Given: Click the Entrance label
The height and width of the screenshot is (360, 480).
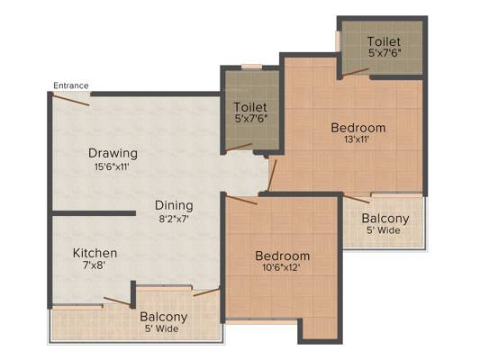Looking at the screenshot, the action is [x=71, y=85].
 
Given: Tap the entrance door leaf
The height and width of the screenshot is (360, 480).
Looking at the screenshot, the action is [x=71, y=100].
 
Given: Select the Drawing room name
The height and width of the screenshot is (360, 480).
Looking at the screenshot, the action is [x=113, y=153].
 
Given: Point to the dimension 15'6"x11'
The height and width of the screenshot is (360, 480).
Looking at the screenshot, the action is [x=112, y=167].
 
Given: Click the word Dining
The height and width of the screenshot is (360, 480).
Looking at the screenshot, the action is [x=174, y=205].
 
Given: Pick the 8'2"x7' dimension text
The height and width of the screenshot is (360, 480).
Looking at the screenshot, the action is [x=174, y=219].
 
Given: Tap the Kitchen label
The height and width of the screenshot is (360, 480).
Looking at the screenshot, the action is [x=95, y=253].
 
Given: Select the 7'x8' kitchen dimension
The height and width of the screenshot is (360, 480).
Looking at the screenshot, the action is [x=95, y=265].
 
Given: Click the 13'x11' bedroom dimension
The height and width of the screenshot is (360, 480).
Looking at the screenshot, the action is [x=357, y=139].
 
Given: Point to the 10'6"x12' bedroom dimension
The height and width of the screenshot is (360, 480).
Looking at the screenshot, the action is [x=281, y=268].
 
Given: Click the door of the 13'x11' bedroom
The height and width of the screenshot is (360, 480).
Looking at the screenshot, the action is [x=272, y=175].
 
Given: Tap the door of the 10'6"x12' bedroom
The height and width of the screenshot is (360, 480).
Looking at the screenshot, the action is [x=241, y=200].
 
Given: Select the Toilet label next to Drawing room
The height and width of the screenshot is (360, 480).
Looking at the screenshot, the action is [x=250, y=107].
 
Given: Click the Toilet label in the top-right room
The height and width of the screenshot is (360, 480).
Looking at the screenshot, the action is [x=384, y=41].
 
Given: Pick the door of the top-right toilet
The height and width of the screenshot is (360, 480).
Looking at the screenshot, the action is [x=355, y=72].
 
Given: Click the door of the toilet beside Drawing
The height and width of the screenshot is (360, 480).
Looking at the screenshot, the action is [x=239, y=147].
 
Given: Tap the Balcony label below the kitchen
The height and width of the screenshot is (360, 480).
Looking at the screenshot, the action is [x=164, y=317].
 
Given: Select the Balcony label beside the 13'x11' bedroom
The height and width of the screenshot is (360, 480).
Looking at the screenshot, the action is [x=385, y=219].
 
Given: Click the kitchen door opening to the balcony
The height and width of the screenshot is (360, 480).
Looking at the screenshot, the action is [x=118, y=301].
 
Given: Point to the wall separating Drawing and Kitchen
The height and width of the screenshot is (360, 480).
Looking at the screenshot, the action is [x=94, y=213].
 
